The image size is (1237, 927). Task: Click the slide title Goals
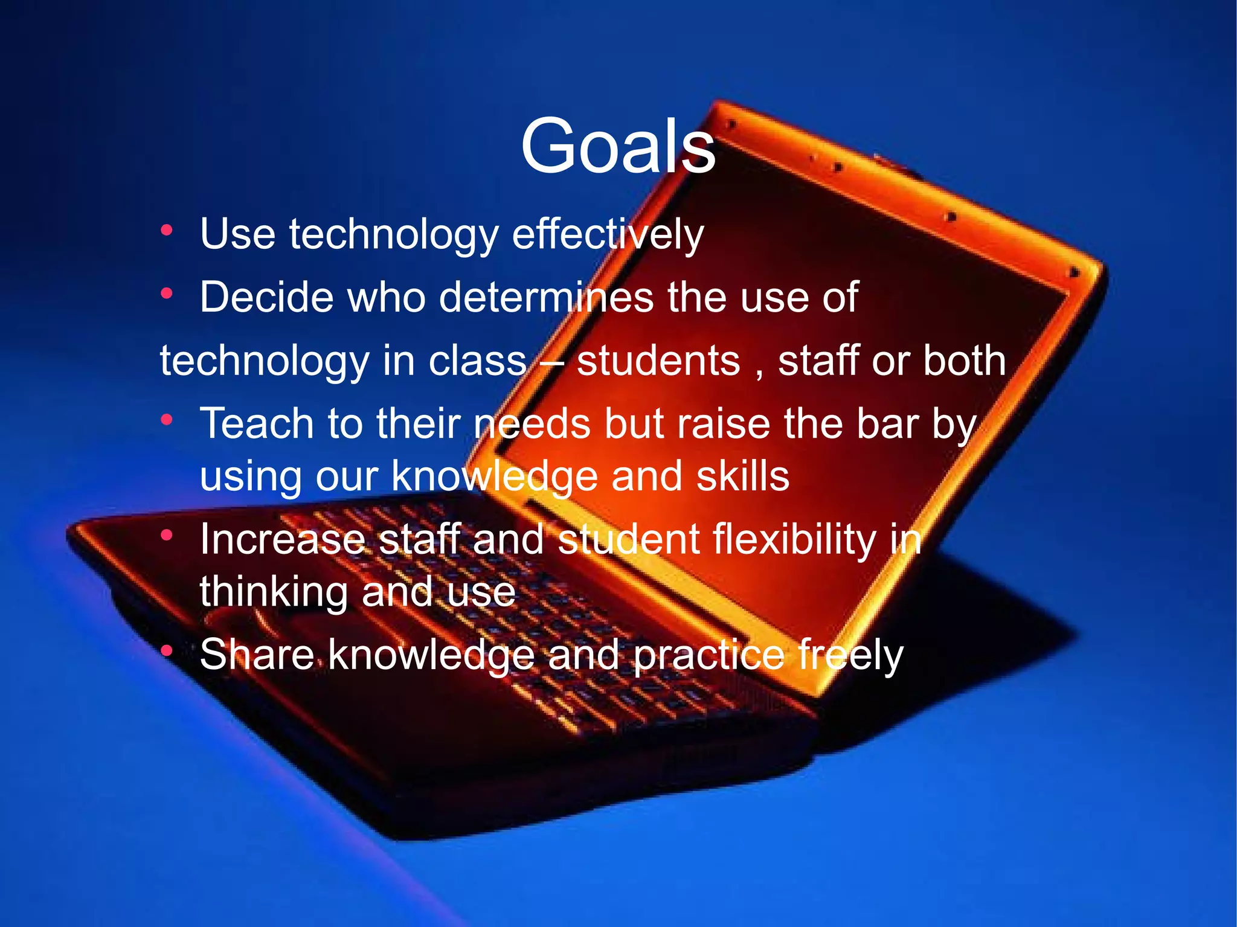tap(618, 147)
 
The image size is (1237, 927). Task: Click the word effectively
tap(608, 234)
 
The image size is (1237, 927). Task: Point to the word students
tap(658, 361)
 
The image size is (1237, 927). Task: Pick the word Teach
tap(257, 423)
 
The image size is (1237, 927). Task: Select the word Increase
tap(283, 539)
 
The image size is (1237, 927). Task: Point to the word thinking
tap(274, 592)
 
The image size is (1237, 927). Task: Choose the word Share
tap(257, 655)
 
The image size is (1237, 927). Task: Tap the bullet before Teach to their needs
tap(167, 420)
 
